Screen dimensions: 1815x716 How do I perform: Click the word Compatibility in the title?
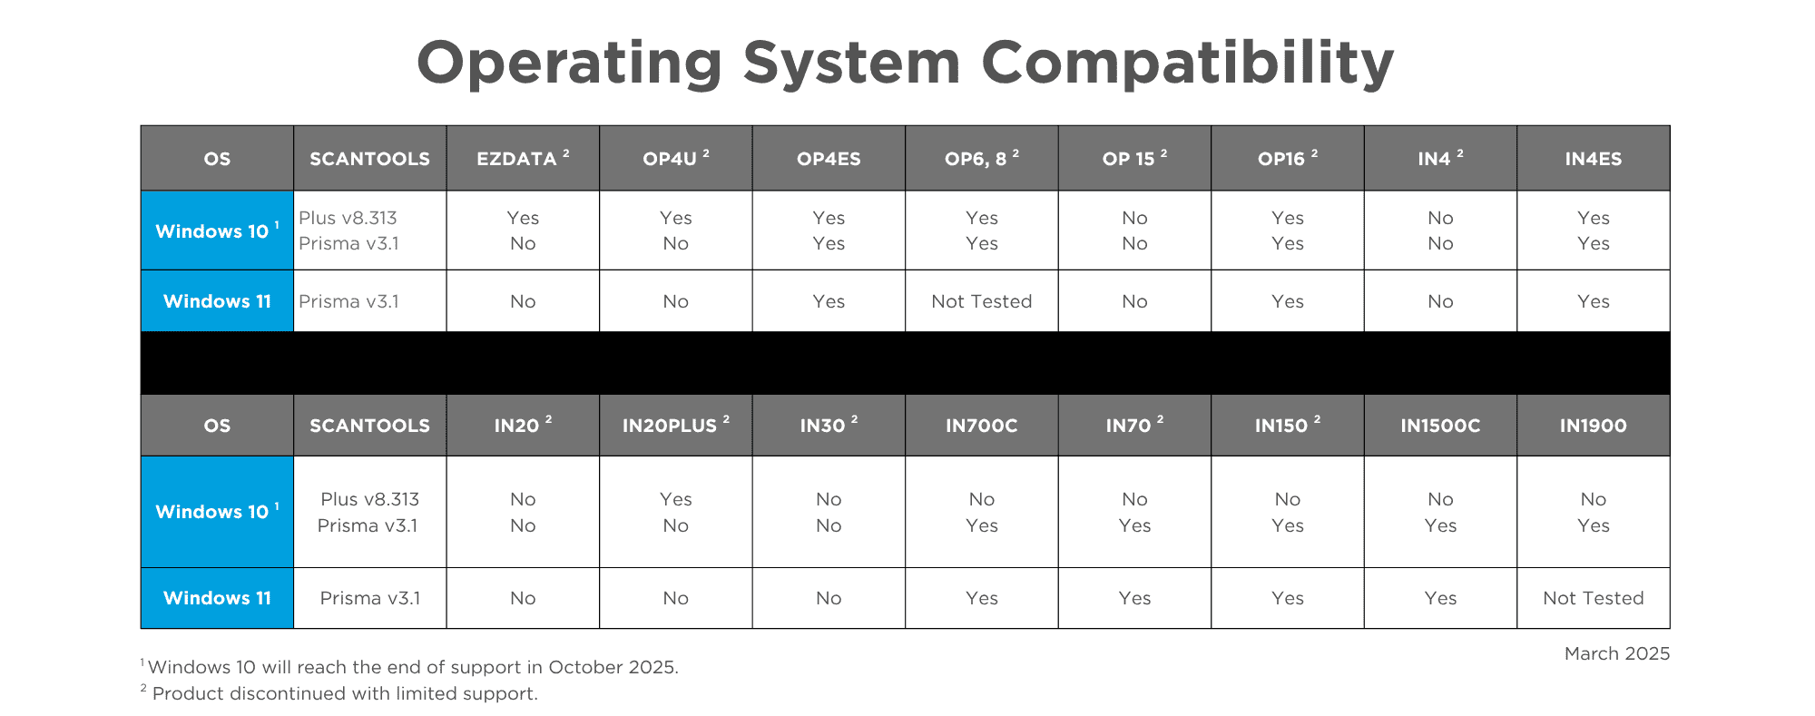click(1187, 64)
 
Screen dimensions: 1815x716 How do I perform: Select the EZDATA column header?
click(523, 158)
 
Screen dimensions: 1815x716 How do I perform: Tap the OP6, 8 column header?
click(981, 158)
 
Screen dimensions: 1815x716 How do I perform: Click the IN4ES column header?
click(1593, 159)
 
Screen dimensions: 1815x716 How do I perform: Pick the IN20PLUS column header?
click(675, 425)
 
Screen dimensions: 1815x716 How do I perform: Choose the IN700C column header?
click(981, 426)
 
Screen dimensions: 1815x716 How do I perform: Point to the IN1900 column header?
click(1593, 426)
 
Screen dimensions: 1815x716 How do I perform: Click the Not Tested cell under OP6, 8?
click(981, 301)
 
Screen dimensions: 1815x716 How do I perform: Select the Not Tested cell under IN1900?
click(1593, 598)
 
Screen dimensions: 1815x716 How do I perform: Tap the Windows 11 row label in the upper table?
click(217, 301)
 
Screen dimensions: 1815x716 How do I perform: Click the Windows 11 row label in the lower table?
click(217, 598)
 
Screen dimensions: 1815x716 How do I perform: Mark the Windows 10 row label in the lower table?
click(217, 511)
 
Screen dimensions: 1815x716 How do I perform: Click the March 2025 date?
click(1616, 653)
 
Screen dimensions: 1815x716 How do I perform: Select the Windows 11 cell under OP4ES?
click(829, 301)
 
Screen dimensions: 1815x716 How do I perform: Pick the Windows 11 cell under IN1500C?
click(1440, 598)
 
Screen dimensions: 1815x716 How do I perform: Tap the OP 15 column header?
click(1134, 158)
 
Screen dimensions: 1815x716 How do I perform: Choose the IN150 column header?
click(1287, 425)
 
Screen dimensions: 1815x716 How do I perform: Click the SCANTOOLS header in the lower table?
click(369, 426)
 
